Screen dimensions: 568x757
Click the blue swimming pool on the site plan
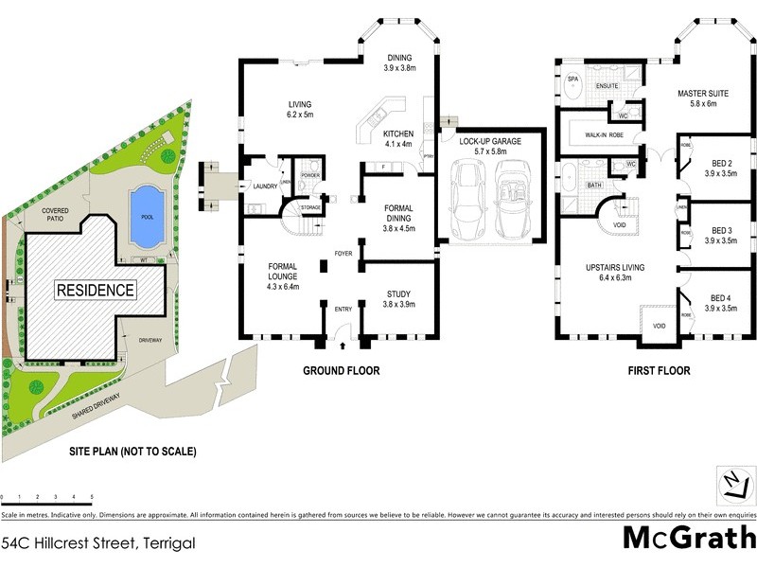[x=145, y=204]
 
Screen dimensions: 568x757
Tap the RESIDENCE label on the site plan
[x=95, y=290]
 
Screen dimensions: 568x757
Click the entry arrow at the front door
[x=343, y=331]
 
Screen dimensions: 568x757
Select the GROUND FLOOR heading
[x=342, y=371]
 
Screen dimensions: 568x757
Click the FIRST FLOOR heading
[x=658, y=371]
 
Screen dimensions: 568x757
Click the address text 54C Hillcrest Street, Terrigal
[x=98, y=543]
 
